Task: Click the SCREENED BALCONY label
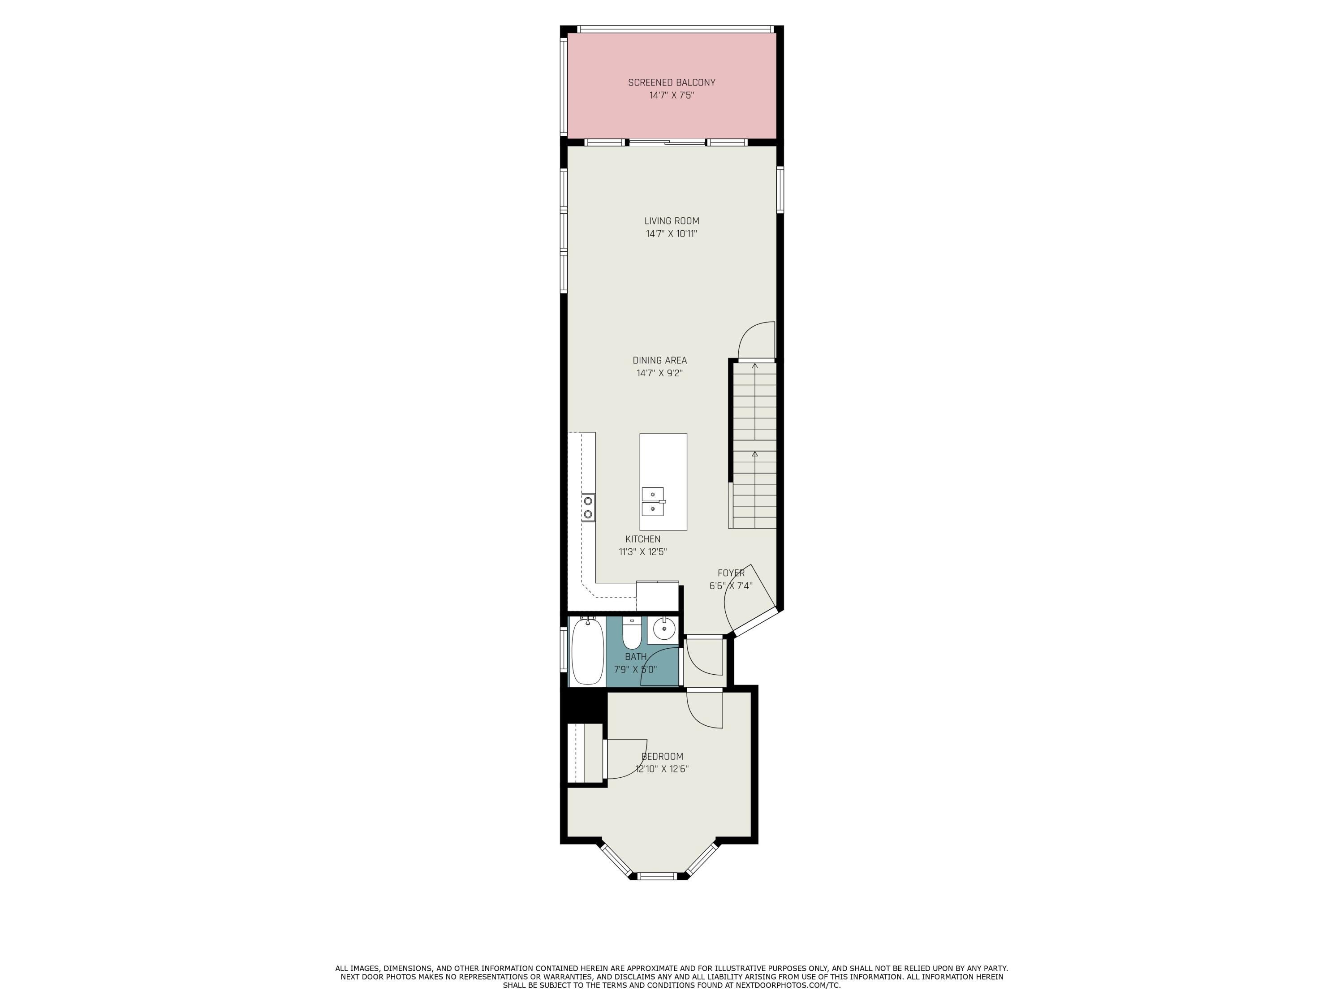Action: [x=672, y=82]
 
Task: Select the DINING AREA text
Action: [x=659, y=360]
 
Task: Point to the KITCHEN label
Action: [x=643, y=539]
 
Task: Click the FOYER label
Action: [x=731, y=573]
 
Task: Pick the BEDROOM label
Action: [x=662, y=757]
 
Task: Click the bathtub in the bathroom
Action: [x=587, y=652]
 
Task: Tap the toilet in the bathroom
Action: [x=632, y=634]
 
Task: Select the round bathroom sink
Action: [x=663, y=629]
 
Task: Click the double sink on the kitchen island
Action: [x=653, y=501]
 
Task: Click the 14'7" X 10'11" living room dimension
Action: [x=672, y=234]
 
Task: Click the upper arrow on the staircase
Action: [x=754, y=366]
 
